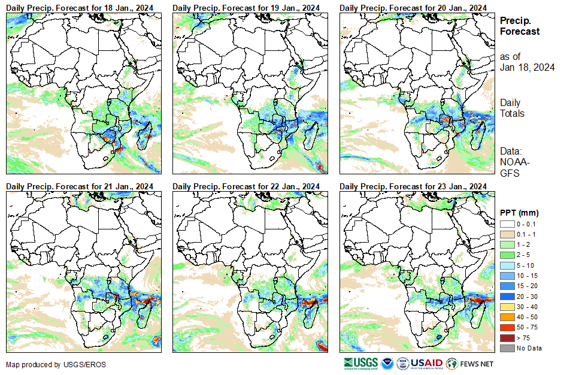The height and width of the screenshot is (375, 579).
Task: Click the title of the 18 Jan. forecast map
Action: [80, 7]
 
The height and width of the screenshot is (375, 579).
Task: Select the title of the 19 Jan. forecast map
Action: [246, 7]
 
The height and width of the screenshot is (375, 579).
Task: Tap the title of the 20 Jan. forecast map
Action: [413, 7]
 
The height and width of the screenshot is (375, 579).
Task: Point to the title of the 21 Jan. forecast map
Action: [80, 186]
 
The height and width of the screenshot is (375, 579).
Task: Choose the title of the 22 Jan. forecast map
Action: [246, 186]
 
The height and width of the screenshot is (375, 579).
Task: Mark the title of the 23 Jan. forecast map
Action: [413, 186]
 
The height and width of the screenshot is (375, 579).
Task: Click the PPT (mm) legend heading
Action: [519, 213]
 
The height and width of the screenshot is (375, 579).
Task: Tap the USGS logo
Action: [360, 363]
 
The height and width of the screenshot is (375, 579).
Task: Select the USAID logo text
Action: [426, 363]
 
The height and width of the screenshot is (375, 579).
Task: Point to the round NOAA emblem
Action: [388, 363]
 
